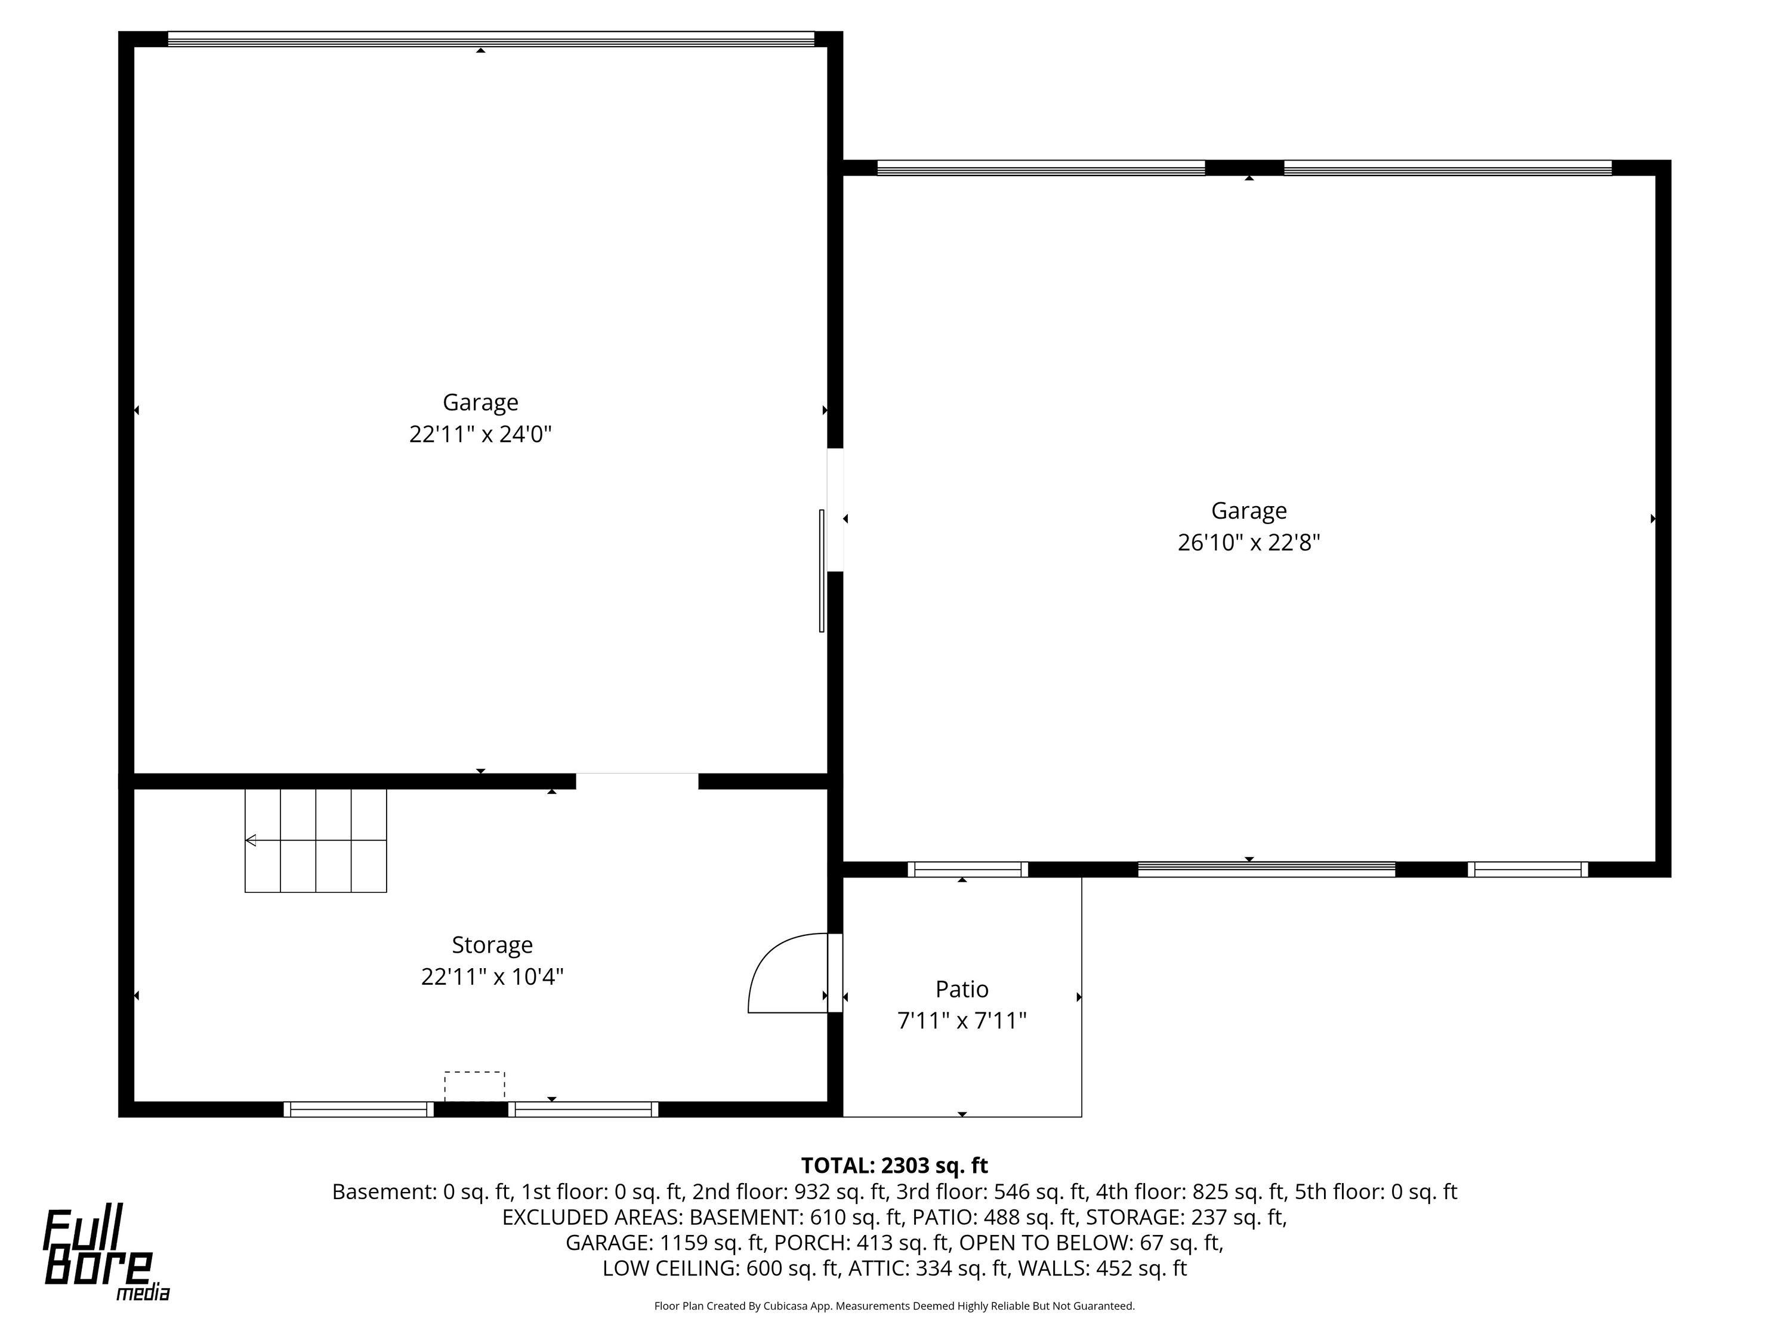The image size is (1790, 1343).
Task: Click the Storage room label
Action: [492, 945]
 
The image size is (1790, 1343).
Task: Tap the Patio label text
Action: [961, 989]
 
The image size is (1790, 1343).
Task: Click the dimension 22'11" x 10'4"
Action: [492, 977]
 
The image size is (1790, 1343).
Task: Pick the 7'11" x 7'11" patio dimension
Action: [961, 1021]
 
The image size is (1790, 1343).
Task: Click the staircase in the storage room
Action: [316, 841]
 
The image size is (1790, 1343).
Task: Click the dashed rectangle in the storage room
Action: [474, 1086]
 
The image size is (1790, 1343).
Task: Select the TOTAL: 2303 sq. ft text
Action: [894, 1166]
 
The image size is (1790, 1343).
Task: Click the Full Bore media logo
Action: [106, 1254]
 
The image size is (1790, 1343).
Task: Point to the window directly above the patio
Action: [968, 870]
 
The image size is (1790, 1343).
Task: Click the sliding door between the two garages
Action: [822, 571]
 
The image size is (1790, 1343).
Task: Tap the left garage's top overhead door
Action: [490, 39]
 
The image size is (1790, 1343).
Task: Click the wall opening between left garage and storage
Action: [637, 781]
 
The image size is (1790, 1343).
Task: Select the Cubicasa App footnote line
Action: [894, 1306]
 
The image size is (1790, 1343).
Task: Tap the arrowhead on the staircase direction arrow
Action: [251, 840]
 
